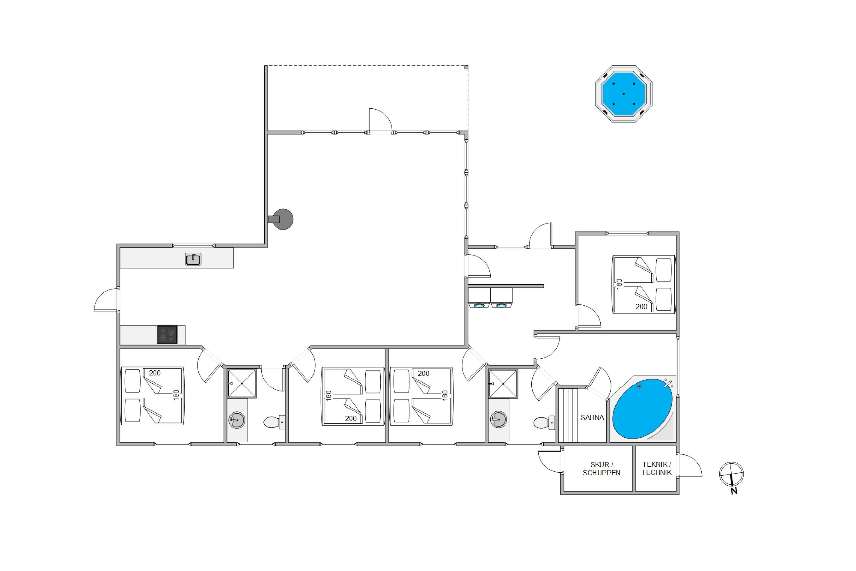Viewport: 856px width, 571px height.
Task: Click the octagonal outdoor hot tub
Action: [x=623, y=94]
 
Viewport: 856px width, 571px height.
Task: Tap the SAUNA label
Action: [x=592, y=418]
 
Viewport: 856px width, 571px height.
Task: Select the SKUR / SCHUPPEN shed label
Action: [x=601, y=469]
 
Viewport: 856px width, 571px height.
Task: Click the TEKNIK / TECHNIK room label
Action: [x=657, y=468]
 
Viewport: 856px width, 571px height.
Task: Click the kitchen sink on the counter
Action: [x=193, y=259]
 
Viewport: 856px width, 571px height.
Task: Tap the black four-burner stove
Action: [x=167, y=334]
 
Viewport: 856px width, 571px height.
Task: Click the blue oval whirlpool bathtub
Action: [x=642, y=409]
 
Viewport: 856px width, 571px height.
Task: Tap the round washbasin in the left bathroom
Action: [x=237, y=420]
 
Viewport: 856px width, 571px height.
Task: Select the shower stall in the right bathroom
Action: [x=503, y=384]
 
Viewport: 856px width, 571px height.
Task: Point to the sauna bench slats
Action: [x=568, y=415]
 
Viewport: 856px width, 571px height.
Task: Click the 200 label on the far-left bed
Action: [x=155, y=373]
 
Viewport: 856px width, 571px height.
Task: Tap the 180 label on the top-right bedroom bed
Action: [x=619, y=284]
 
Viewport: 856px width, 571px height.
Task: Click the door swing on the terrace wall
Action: [x=381, y=120]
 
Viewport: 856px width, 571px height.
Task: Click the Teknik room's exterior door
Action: [x=690, y=465]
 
